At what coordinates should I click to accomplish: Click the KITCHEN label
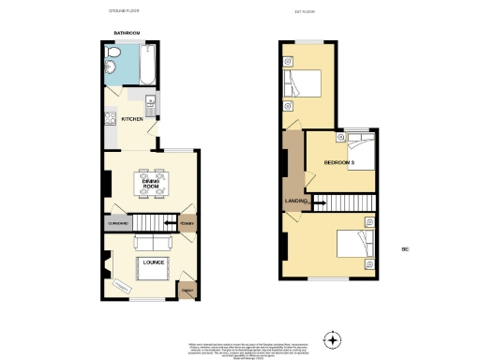(131, 119)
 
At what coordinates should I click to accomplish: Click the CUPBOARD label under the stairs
(118, 223)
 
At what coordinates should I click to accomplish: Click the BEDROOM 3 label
(338, 163)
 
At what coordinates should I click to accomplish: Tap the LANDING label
(296, 202)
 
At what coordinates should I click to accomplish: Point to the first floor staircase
(345, 202)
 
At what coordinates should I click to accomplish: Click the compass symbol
(330, 338)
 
